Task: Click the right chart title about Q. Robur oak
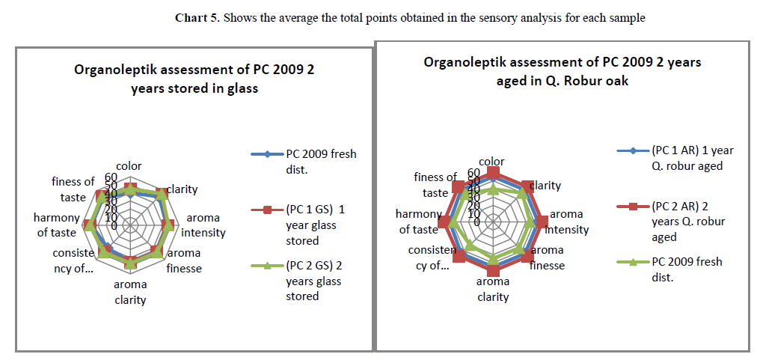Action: pyautogui.click(x=562, y=71)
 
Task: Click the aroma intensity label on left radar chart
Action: pyautogui.click(x=203, y=225)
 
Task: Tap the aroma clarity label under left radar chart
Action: pyautogui.click(x=130, y=292)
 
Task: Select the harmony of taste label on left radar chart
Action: pyautogui.click(x=56, y=225)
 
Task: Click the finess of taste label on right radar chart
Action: pyautogui.click(x=435, y=185)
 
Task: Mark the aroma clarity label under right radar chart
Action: pyautogui.click(x=492, y=289)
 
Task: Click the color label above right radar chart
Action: pyautogui.click(x=491, y=162)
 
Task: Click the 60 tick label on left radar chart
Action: pyautogui.click(x=111, y=177)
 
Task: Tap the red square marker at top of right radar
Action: pyautogui.click(x=492, y=173)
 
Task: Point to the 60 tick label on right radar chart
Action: pyautogui.click(x=473, y=173)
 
